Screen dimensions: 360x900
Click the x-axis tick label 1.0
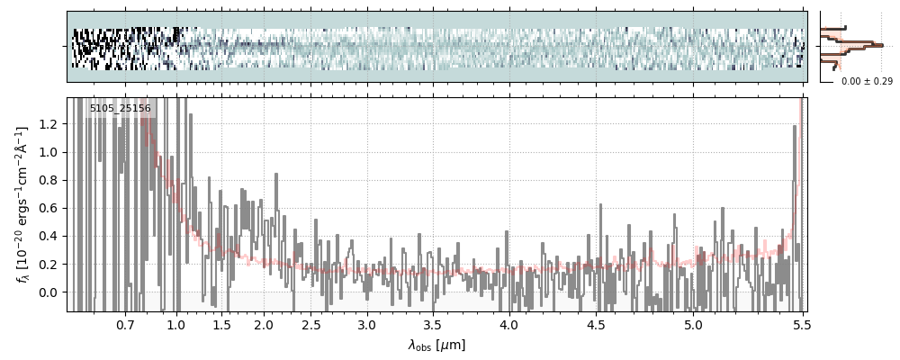point(176,324)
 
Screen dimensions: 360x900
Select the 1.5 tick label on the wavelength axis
point(221,324)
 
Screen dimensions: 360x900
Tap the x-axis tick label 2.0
point(264,324)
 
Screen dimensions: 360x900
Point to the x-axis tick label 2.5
point(311,324)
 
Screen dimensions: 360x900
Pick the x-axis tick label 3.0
point(366,324)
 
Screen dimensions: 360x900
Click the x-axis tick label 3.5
point(432,324)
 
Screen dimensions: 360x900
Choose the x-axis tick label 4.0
point(509,324)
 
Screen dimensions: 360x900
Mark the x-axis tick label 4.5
point(599,324)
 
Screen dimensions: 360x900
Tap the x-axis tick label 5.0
point(693,324)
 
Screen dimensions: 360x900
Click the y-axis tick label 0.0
point(49,292)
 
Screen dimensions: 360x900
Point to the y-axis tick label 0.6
point(49,209)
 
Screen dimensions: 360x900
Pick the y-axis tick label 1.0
point(49,152)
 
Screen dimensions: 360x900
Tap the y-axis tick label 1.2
point(49,124)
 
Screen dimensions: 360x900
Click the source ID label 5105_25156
point(120,109)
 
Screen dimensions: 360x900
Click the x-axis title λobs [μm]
point(436,345)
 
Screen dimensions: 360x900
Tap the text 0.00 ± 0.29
point(867,82)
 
